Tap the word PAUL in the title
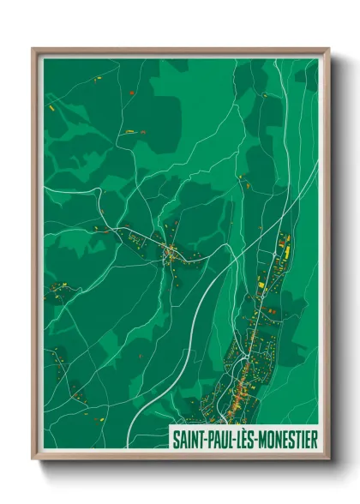coord(219,437)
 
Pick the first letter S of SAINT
coord(175,437)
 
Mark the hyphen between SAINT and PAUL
coord(203,438)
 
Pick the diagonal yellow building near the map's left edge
coord(51,109)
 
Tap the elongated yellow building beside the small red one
coord(129,132)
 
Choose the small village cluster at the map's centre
coord(171,253)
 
